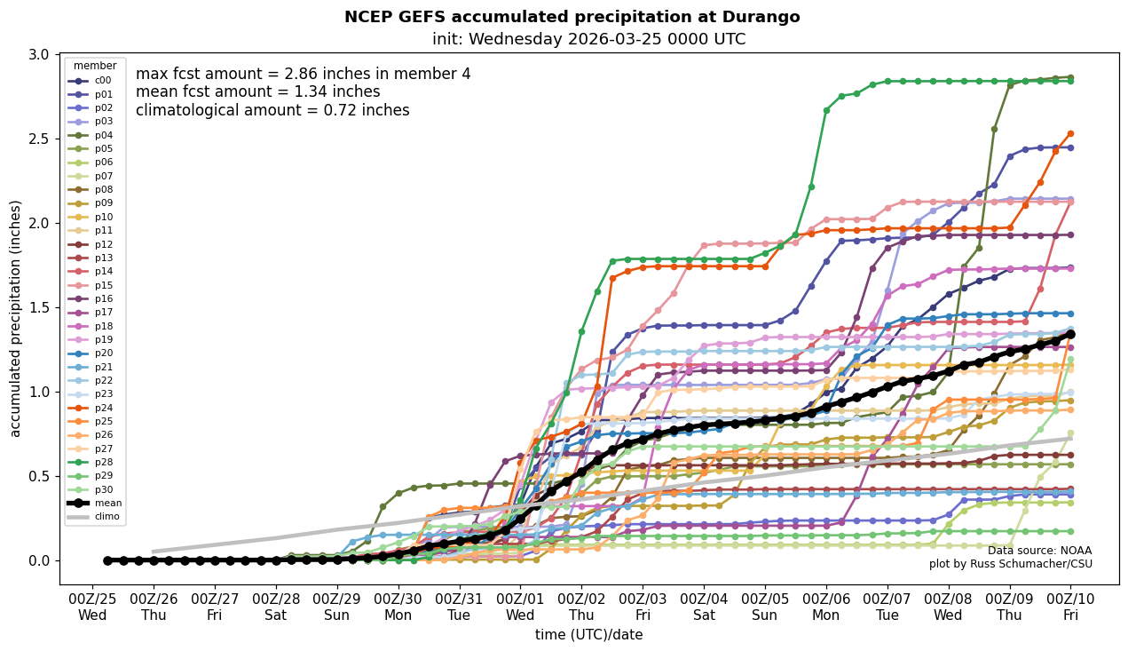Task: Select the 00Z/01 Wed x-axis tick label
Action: tap(521, 607)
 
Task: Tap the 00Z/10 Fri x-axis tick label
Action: tap(1070, 607)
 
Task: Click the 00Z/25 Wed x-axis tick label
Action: tap(92, 607)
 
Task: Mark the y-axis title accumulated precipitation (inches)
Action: tap(15, 318)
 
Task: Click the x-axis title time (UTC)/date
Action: tap(588, 635)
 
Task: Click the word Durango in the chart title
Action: tap(761, 17)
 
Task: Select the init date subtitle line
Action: tap(588, 39)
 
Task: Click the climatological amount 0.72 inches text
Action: tap(272, 110)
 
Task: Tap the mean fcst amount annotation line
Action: tap(257, 92)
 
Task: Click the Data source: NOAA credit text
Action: tap(1039, 551)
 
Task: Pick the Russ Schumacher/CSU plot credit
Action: tap(1010, 564)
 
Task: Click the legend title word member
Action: tap(95, 66)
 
